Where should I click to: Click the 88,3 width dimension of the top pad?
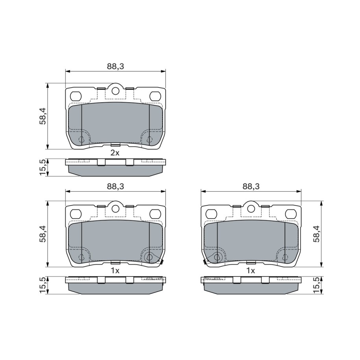click(x=115, y=66)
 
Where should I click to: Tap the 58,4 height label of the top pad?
click(x=43, y=116)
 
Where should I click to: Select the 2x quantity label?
click(x=115, y=153)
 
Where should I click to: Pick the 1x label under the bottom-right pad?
click(x=251, y=271)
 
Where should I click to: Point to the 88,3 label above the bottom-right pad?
click(x=251, y=186)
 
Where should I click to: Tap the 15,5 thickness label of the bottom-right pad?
click(x=317, y=285)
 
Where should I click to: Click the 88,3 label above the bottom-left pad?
click(x=115, y=186)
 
